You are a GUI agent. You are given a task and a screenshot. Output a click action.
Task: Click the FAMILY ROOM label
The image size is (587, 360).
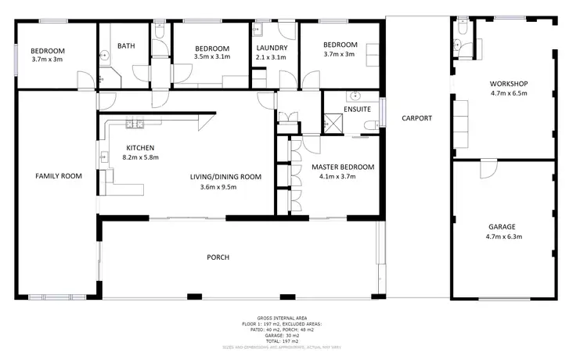(x=59, y=176)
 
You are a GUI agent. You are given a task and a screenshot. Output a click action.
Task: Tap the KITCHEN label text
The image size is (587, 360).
(x=140, y=148)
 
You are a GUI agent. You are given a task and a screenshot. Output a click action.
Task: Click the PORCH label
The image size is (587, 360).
(x=218, y=257)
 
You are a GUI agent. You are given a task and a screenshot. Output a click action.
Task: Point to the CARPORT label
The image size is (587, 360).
(x=416, y=119)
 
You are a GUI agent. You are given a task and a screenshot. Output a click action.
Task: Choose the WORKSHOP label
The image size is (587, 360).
(x=508, y=84)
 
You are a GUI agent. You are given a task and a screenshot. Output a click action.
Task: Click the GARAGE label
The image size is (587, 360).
(x=503, y=227)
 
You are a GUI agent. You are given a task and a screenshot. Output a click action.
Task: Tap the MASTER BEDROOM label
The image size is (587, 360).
(x=343, y=167)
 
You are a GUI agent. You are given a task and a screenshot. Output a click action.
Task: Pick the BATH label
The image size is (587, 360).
(x=126, y=46)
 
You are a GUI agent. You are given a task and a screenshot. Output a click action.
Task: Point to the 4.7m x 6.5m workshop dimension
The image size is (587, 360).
(x=508, y=93)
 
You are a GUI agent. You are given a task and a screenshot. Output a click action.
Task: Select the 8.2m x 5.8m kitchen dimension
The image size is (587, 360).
(x=140, y=157)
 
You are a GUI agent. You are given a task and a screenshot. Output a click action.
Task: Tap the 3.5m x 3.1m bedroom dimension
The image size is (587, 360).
(x=211, y=57)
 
